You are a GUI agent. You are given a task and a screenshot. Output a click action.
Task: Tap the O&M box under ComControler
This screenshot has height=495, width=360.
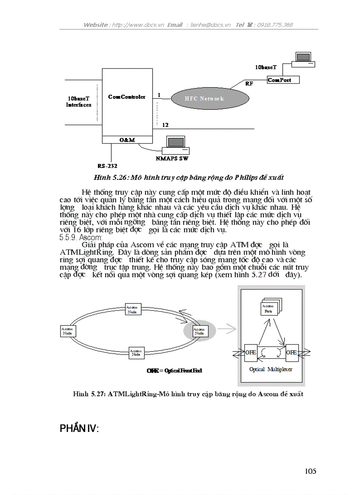(127, 140)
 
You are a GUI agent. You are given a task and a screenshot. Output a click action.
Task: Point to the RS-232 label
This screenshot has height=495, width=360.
(108, 166)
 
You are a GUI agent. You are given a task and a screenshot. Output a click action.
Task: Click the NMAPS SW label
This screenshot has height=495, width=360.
(175, 158)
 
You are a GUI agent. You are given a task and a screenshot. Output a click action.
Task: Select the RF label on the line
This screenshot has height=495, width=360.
(249, 83)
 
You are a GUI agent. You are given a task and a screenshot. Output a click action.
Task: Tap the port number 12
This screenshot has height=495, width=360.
(165, 125)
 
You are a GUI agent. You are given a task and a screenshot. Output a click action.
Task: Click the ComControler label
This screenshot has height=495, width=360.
(127, 97)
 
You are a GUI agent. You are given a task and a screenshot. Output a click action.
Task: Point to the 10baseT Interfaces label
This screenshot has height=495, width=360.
(79, 102)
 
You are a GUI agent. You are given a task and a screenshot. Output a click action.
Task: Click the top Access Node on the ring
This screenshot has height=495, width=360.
(132, 309)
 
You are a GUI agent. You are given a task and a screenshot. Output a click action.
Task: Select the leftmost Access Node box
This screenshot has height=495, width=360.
(67, 331)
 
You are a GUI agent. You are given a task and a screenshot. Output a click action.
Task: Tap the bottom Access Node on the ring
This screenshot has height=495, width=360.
(136, 352)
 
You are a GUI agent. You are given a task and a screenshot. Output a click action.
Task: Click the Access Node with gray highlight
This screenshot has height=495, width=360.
(199, 331)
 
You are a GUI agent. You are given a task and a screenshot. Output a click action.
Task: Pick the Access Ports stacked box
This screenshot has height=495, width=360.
(268, 308)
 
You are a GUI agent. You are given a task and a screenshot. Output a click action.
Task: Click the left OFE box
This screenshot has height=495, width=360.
(251, 353)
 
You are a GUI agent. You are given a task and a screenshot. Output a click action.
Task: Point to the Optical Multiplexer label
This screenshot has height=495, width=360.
(270, 369)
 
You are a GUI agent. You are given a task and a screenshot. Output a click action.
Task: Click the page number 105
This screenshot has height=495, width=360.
(310, 471)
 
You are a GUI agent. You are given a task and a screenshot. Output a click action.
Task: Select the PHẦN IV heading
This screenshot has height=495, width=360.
(79, 428)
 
